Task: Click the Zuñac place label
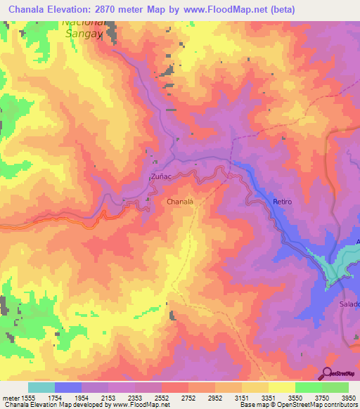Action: click(161, 177)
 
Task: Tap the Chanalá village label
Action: click(179, 201)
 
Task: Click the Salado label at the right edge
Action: click(350, 304)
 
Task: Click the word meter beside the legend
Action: click(11, 398)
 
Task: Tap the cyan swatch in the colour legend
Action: click(41, 387)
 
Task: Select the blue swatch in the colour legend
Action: click(67, 387)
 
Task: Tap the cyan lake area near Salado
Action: click(334, 267)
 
